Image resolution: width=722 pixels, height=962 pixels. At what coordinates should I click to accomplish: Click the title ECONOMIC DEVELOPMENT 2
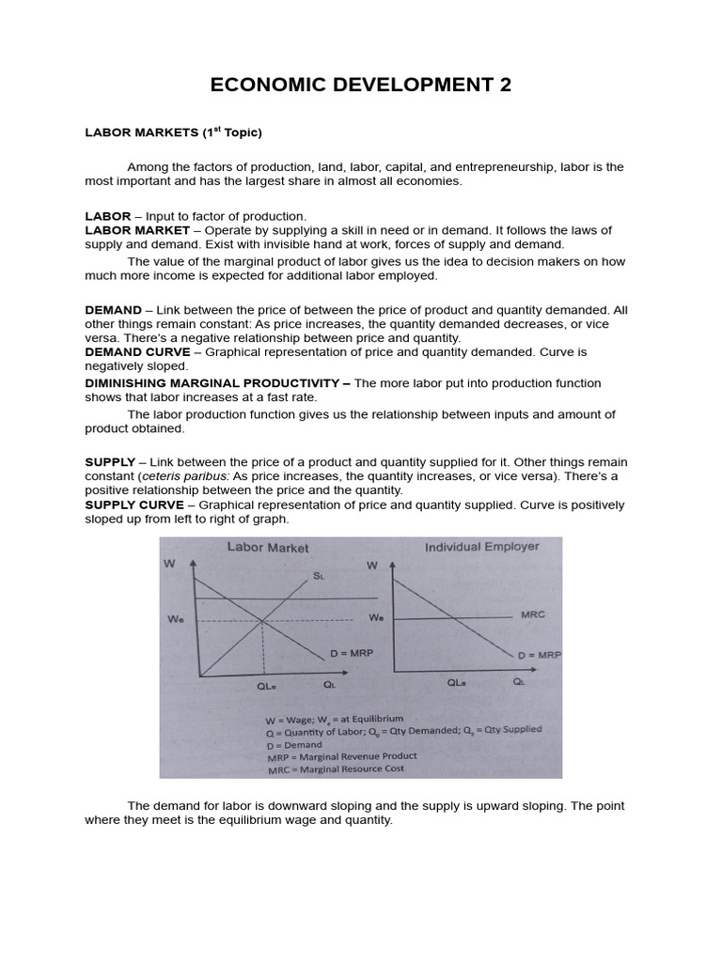(x=361, y=85)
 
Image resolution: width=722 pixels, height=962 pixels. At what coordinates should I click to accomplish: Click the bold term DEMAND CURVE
(x=141, y=352)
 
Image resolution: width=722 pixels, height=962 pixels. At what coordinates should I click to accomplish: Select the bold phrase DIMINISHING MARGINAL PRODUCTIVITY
(x=217, y=383)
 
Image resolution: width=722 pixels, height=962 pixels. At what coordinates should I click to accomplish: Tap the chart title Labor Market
(x=267, y=548)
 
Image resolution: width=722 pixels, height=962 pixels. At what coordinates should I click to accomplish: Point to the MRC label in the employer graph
(x=532, y=615)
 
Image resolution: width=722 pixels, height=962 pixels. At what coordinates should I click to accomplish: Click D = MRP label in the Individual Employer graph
(x=539, y=654)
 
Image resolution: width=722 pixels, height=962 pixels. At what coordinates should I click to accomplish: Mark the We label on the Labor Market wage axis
(x=176, y=619)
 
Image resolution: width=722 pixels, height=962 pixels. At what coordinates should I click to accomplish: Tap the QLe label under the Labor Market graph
(x=267, y=686)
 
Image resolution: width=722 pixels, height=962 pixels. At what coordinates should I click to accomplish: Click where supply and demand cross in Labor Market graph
(x=262, y=619)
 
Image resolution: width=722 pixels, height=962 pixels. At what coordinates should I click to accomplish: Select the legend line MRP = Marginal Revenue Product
(x=341, y=755)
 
